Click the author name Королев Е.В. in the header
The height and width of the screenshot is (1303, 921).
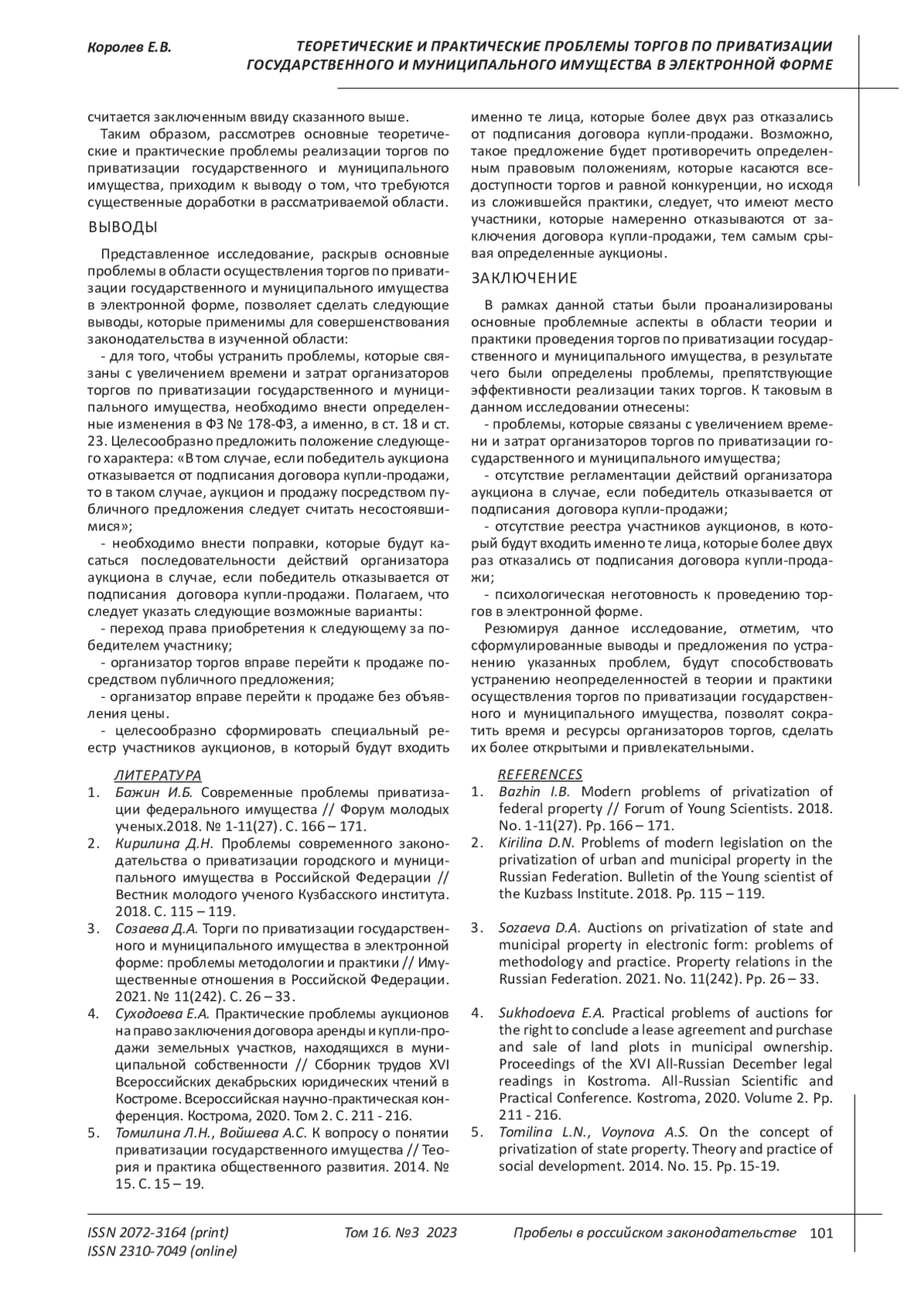coord(128,48)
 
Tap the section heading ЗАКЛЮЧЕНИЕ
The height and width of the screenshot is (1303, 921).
coord(523,277)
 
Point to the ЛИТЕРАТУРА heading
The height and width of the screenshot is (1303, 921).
coord(158,775)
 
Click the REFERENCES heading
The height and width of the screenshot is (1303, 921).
coord(540,775)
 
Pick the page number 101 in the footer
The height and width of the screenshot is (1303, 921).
coord(821,1233)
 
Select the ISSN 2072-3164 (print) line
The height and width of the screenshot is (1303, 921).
coord(158,1233)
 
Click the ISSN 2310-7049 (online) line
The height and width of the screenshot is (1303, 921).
coord(163,1252)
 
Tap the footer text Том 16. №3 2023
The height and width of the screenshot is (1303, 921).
coord(401,1233)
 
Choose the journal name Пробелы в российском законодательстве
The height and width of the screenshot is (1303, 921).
coord(654,1233)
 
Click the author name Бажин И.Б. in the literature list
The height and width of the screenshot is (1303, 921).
coord(157,792)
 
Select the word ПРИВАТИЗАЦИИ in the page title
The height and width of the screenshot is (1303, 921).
coord(771,46)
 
